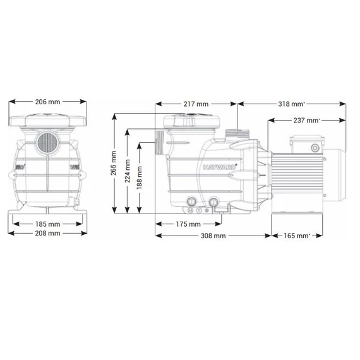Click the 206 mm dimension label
(47, 102)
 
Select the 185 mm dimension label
(47, 224)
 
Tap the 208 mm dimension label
(47, 233)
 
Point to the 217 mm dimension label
(196, 104)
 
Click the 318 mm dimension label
(291, 104)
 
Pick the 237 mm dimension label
(306, 120)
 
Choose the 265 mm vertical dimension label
(114, 163)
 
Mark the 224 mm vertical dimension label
(128, 171)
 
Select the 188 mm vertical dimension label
(139, 177)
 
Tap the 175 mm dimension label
(188, 224)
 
